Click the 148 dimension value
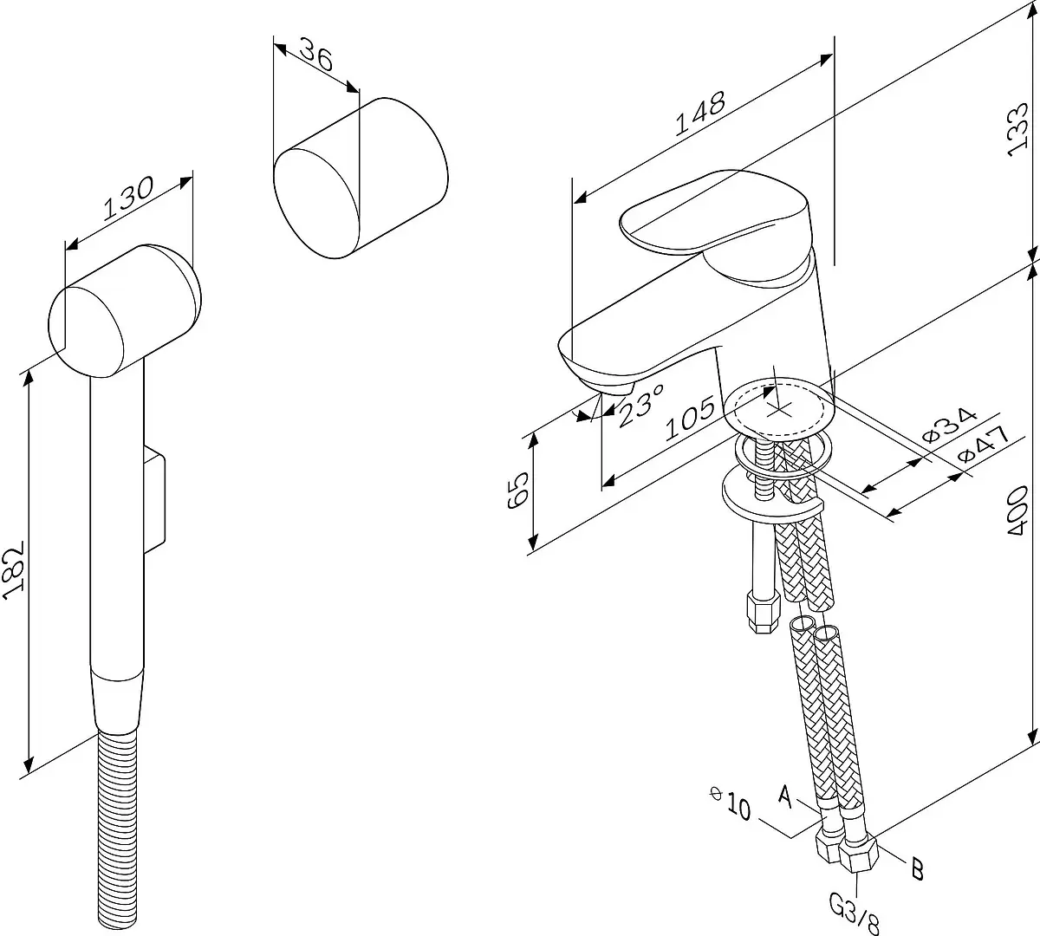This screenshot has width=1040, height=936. click(x=700, y=114)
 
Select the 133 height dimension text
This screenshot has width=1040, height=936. click(x=1017, y=130)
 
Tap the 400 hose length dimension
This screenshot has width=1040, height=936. click(x=1017, y=510)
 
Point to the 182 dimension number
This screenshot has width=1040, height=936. click(x=14, y=570)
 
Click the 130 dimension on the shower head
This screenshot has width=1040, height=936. click(x=128, y=198)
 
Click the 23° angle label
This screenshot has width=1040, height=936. click(x=641, y=405)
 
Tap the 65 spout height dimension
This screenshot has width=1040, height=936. click(x=517, y=490)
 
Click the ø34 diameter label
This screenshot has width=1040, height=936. click(x=949, y=425)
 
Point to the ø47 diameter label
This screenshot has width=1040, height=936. click(x=984, y=444)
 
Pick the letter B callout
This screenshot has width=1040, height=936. click(x=917, y=869)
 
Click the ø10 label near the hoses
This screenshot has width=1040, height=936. click(x=731, y=803)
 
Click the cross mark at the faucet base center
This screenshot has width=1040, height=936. click(x=779, y=410)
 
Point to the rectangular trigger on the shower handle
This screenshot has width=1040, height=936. click(x=154, y=497)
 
